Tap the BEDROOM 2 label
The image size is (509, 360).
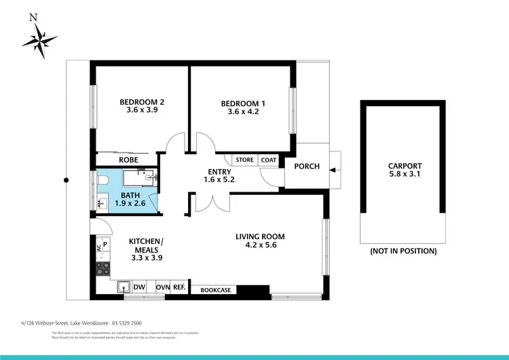tap(142, 103)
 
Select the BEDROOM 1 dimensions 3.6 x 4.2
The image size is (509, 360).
tap(244, 113)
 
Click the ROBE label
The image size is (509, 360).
tap(128, 160)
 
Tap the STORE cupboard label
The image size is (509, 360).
tap(245, 160)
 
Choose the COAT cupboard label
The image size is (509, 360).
tap(269, 160)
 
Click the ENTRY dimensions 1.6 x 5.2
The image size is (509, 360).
tap(219, 180)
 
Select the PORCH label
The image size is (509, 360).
tap(307, 165)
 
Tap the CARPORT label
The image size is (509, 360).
tap(404, 166)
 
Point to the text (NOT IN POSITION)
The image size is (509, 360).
tap(403, 251)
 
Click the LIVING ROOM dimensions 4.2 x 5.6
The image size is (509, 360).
tap(260, 247)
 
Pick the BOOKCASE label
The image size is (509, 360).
tap(215, 290)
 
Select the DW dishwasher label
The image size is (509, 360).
tap(139, 287)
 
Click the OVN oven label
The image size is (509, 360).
tap(162, 287)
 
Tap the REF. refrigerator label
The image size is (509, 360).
tap(179, 287)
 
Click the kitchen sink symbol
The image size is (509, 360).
tap(124, 287)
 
